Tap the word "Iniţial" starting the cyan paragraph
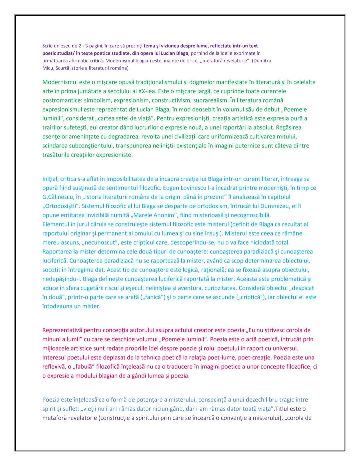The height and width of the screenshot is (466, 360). click(x=50, y=179)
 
